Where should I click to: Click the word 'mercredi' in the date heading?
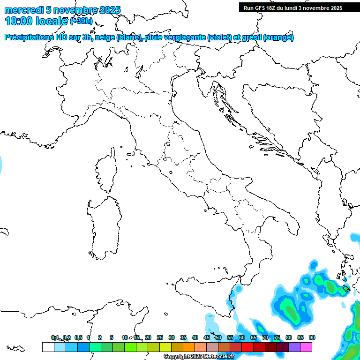(24, 10)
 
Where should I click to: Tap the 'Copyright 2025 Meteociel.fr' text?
(199, 357)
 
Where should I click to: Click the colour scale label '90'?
(312, 337)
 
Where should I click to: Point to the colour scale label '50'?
(218, 337)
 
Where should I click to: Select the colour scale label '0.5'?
(79, 337)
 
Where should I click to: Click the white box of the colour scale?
(48, 347)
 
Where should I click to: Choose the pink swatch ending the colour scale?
(307, 347)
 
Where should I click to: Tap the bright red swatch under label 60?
(247, 347)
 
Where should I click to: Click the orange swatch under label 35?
(189, 347)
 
